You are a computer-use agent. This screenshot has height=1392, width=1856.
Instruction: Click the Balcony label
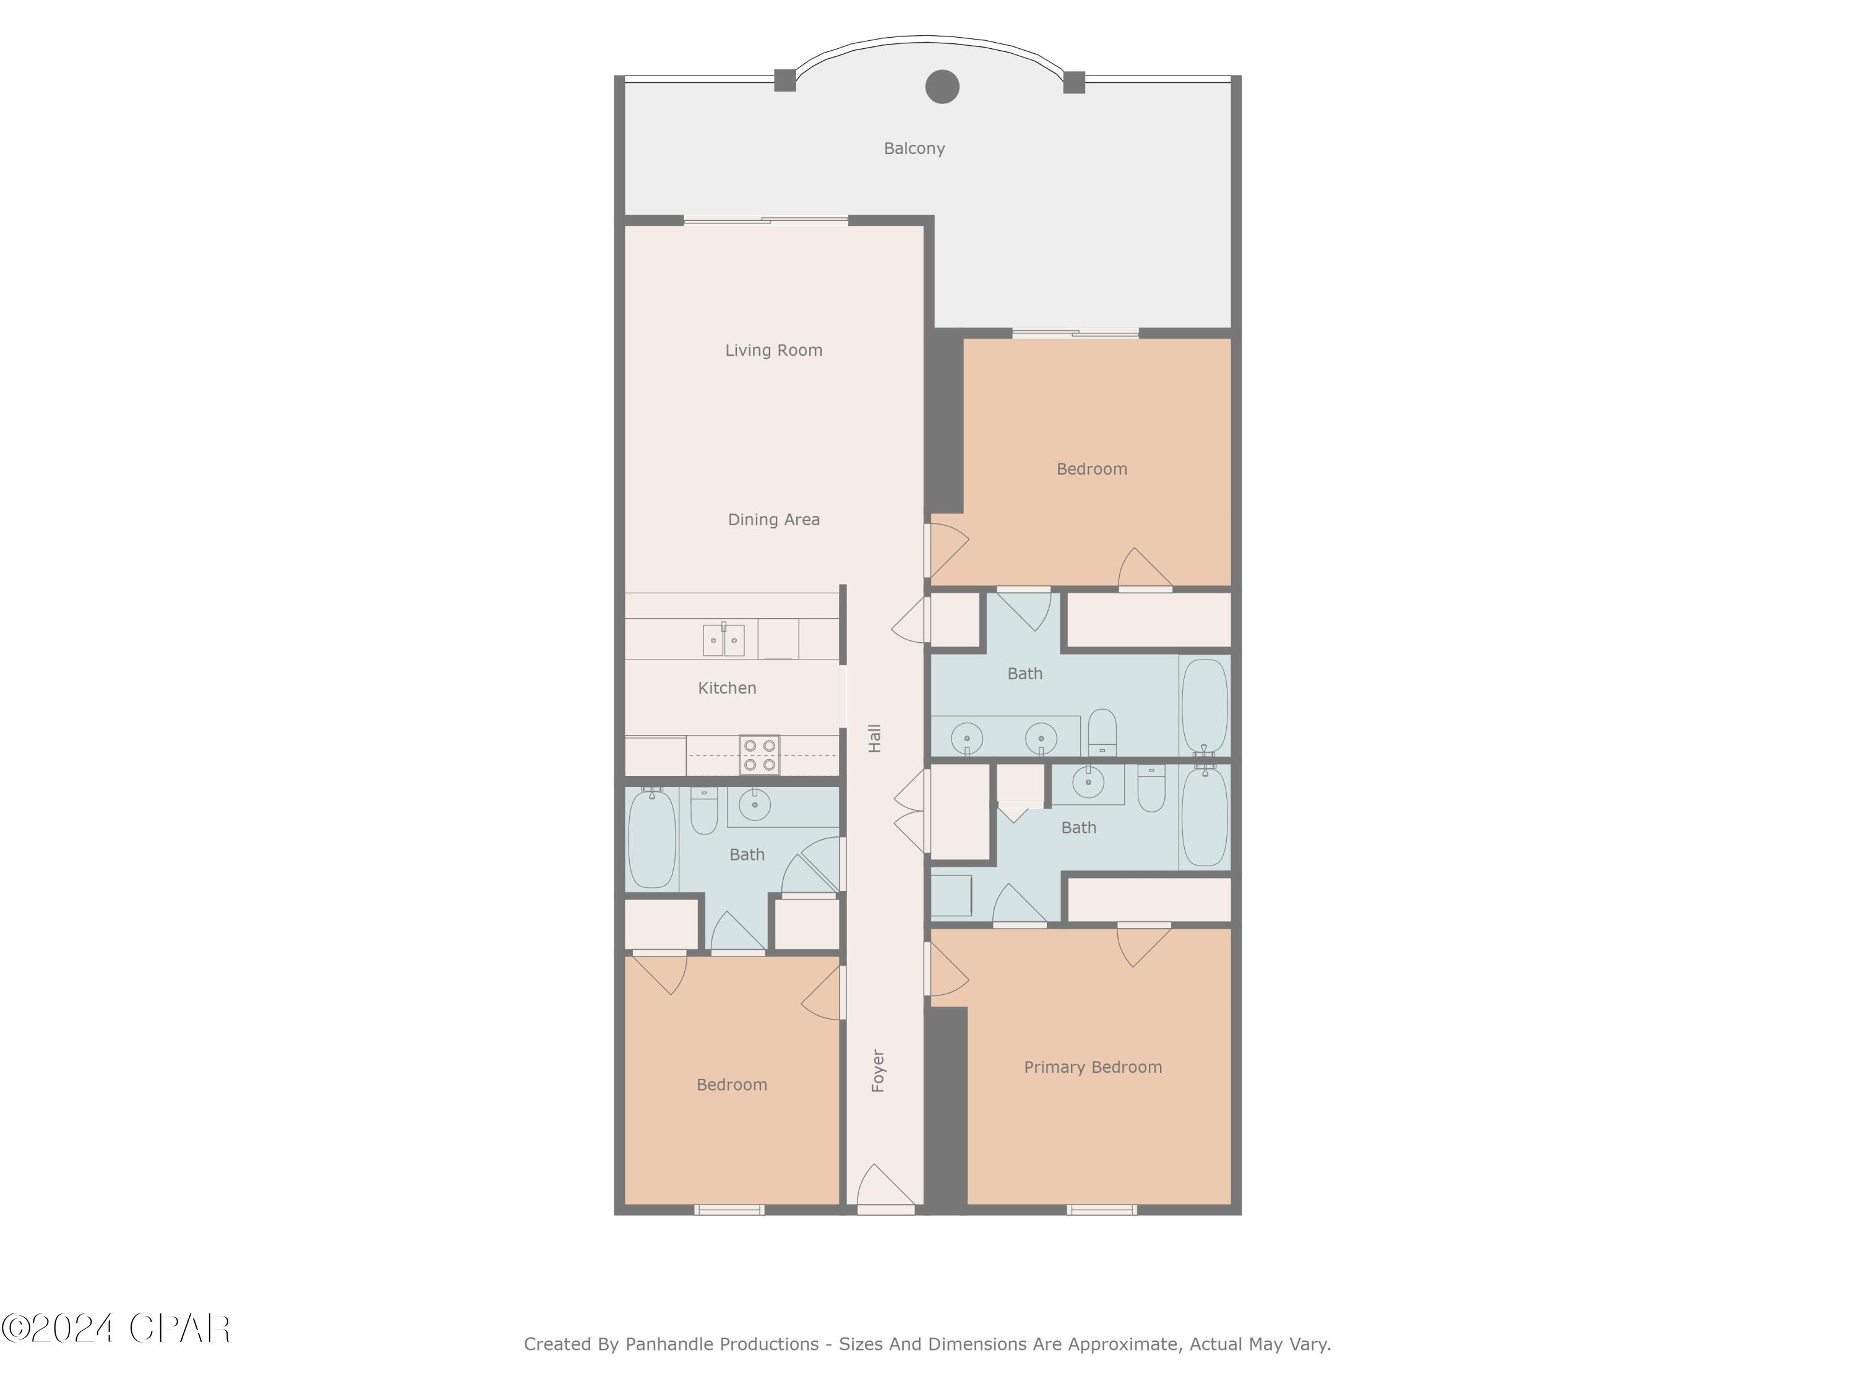(914, 148)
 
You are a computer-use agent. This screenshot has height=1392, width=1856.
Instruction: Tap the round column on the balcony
(942, 87)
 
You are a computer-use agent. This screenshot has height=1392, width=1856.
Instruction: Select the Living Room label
(773, 350)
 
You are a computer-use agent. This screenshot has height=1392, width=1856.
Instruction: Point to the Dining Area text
(773, 520)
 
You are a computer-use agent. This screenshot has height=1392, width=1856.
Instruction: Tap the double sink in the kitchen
(723, 640)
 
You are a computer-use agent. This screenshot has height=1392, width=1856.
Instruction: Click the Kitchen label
(727, 688)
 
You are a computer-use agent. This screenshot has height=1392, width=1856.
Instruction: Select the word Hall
(874, 737)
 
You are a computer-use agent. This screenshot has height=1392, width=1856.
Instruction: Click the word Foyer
(878, 1071)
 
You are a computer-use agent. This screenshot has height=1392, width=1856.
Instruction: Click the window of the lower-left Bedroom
(728, 1209)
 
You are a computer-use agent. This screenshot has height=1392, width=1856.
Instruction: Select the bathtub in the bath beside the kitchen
(652, 838)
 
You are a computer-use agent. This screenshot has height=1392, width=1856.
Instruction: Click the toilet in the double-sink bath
(1102, 732)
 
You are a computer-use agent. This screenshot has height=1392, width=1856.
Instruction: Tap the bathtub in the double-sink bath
(1204, 707)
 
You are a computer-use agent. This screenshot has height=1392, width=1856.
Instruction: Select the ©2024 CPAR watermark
(116, 1328)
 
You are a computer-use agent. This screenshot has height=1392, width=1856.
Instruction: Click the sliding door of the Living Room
(765, 221)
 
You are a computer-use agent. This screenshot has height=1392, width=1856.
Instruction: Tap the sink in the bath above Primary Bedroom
(1088, 782)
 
